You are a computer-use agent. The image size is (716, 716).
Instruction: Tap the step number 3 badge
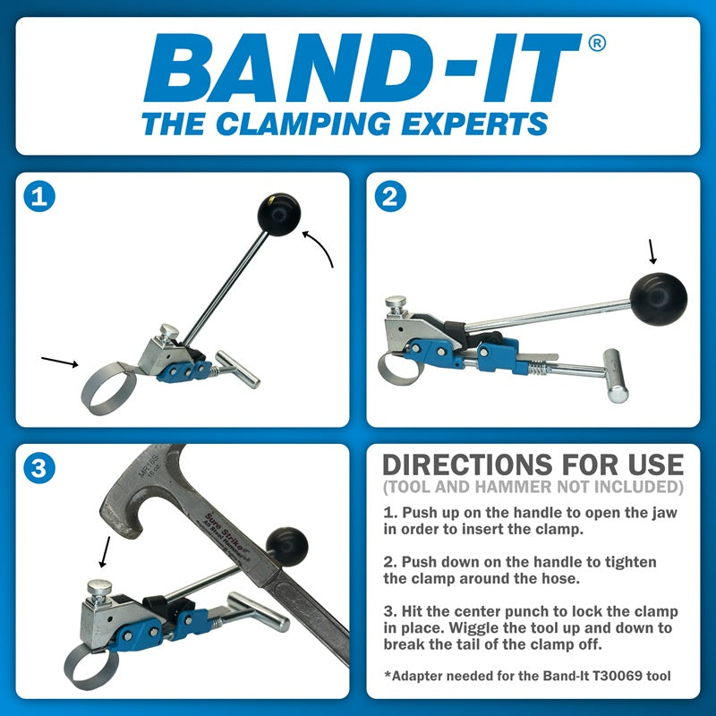point(38,467)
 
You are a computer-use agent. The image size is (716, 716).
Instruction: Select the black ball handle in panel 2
point(660,295)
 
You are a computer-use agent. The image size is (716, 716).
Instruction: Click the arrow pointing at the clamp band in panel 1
point(62,362)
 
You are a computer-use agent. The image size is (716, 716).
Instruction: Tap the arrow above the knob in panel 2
point(652,250)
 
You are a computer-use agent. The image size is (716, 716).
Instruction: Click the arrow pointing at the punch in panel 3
point(106,551)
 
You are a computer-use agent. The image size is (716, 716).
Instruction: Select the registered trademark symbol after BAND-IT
point(596,44)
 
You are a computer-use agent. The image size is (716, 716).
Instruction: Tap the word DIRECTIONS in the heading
point(473,465)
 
